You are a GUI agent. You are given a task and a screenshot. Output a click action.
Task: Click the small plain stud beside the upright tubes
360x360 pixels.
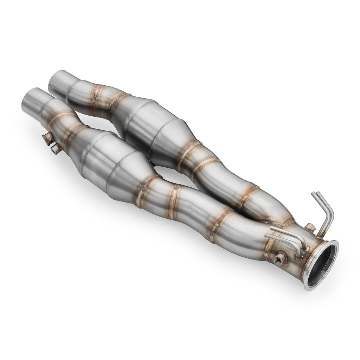(309, 227)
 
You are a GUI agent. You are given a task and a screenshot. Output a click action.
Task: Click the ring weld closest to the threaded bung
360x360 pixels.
(271, 246)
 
